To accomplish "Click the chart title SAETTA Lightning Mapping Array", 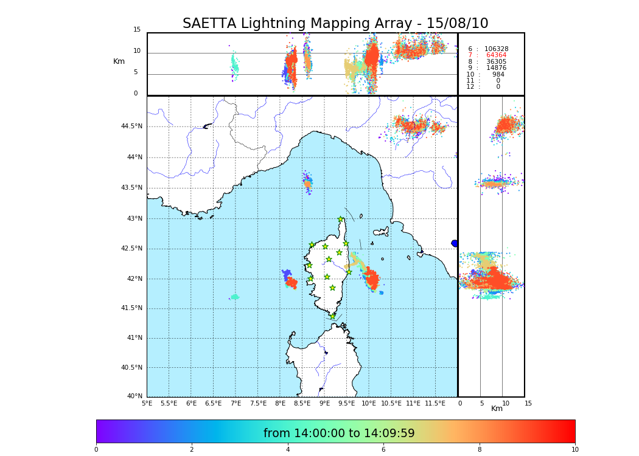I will tap(335, 24).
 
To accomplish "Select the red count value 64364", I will tap(496, 55).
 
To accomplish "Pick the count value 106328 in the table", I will tap(496, 49).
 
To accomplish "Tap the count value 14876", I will tap(496, 68).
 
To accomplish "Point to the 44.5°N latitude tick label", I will tap(131, 126).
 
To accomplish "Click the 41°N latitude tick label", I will tap(134, 338).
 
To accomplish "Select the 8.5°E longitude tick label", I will tap(302, 404).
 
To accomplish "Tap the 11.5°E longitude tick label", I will tap(435, 404).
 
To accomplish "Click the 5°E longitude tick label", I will tap(147, 404).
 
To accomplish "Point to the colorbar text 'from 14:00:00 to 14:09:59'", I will tap(339, 434).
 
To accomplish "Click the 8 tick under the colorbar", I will tap(480, 450).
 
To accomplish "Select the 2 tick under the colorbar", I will tap(192, 450).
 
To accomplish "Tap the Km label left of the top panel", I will tap(119, 61).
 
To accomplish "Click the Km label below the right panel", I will tap(497, 409).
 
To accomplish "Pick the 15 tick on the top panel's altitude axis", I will tap(137, 30).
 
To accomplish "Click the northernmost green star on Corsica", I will tap(341, 219).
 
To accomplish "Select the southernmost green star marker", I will tap(333, 316).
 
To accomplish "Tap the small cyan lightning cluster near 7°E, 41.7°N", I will tap(234, 297).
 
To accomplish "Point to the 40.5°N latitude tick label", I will tap(131, 368).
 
